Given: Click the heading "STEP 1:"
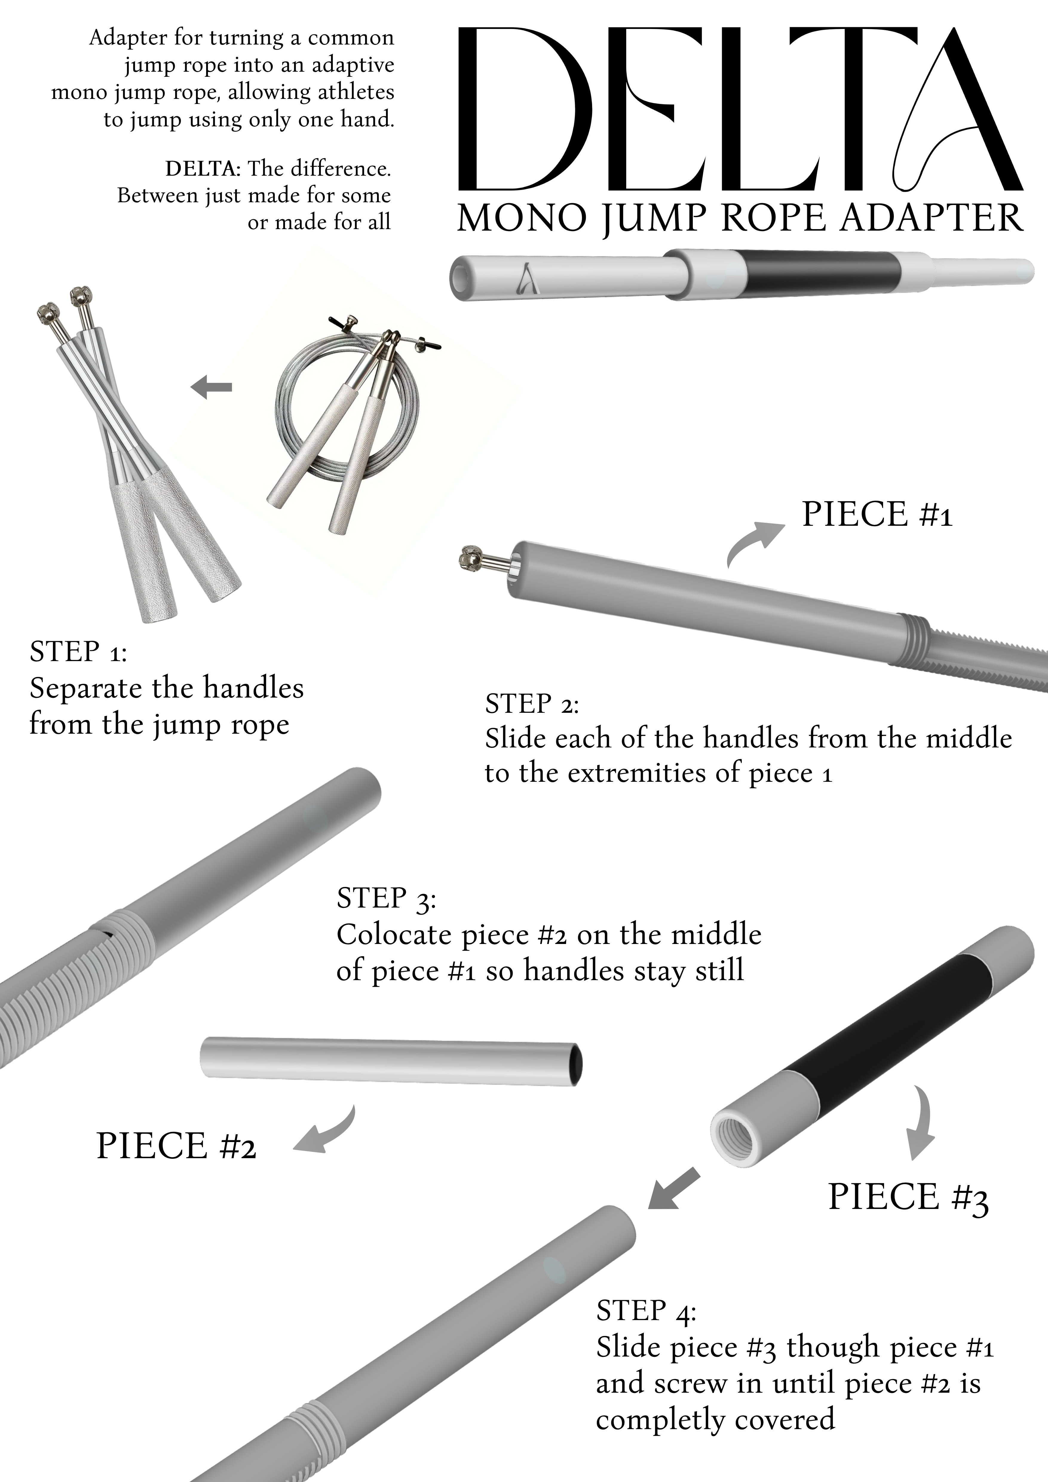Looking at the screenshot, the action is [78, 652].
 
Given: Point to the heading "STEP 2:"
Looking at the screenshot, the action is [532, 704].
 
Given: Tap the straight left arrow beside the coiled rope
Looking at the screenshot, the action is [211, 387].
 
